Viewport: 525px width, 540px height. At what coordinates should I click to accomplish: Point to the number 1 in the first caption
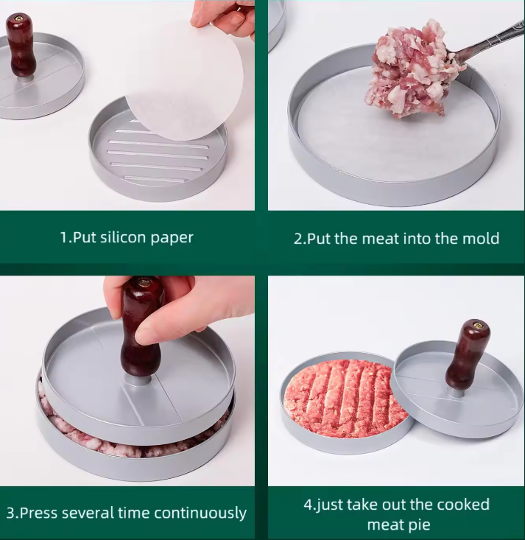tap(63, 237)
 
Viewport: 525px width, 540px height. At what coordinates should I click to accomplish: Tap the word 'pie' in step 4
tap(419, 525)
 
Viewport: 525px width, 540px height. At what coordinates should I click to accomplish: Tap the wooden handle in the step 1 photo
tap(21, 46)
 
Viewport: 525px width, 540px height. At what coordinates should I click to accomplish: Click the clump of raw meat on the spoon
tap(413, 69)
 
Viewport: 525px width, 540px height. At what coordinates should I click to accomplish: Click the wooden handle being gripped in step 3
tap(142, 327)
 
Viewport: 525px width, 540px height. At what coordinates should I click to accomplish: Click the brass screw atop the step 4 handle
tap(478, 324)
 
